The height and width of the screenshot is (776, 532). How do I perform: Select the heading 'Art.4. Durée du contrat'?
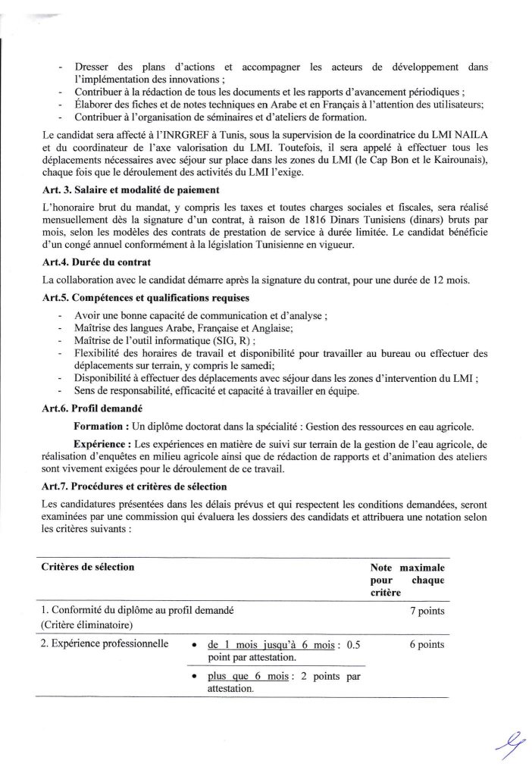click(x=89, y=263)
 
